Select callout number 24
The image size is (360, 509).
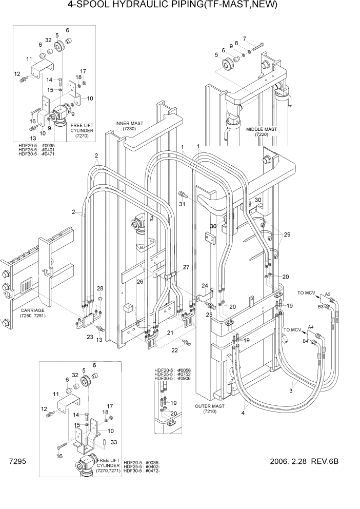[x=204, y=286]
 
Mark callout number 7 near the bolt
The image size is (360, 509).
[x=245, y=38]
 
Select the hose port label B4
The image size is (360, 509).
[x=306, y=340]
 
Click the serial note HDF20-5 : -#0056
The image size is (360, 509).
[x=172, y=369]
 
